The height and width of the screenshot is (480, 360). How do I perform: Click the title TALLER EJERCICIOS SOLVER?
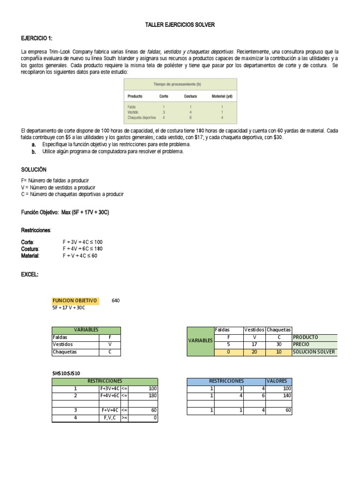[180, 25]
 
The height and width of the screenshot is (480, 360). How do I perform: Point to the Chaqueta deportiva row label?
[142, 118]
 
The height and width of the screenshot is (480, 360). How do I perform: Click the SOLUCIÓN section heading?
[34, 169]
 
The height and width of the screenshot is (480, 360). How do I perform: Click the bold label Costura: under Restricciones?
[30, 249]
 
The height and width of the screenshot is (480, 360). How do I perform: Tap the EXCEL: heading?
[30, 275]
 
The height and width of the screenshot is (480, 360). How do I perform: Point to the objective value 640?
[116, 300]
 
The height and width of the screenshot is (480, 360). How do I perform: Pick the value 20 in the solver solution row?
[254, 352]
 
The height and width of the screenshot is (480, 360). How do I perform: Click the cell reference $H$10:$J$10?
[67, 373]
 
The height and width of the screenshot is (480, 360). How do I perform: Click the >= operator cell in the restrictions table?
[124, 418]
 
